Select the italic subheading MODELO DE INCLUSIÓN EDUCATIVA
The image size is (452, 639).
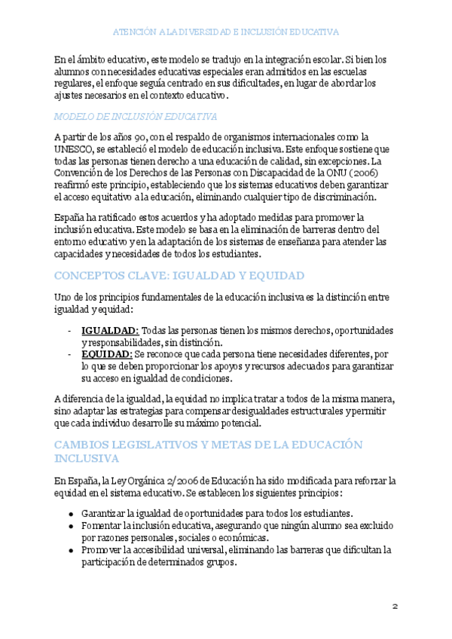click(x=136, y=117)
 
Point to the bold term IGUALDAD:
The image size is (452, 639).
click(x=110, y=330)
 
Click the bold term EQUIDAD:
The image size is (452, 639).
click(x=106, y=353)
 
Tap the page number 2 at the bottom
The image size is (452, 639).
click(x=394, y=607)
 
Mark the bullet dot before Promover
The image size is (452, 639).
click(x=70, y=550)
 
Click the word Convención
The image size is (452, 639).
click(x=81, y=173)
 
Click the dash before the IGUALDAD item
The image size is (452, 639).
click(x=70, y=331)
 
